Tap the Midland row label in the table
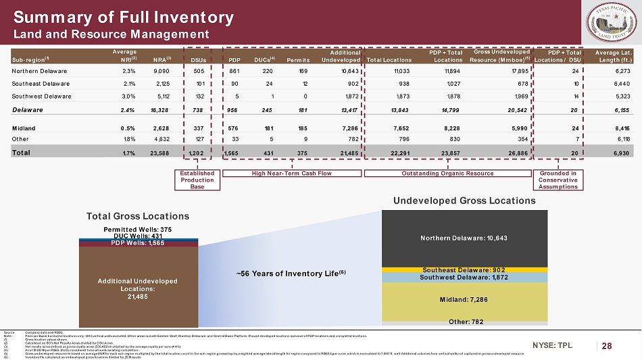click(x=24, y=127)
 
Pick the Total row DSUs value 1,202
click(x=195, y=153)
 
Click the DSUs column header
click(x=199, y=60)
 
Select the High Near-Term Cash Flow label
click(x=291, y=174)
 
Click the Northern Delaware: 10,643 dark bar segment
click(x=464, y=238)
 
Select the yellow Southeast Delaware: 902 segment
click(x=464, y=270)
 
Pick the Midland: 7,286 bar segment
click(x=464, y=299)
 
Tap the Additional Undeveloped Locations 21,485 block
click(x=139, y=289)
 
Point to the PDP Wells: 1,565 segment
click(x=139, y=243)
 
